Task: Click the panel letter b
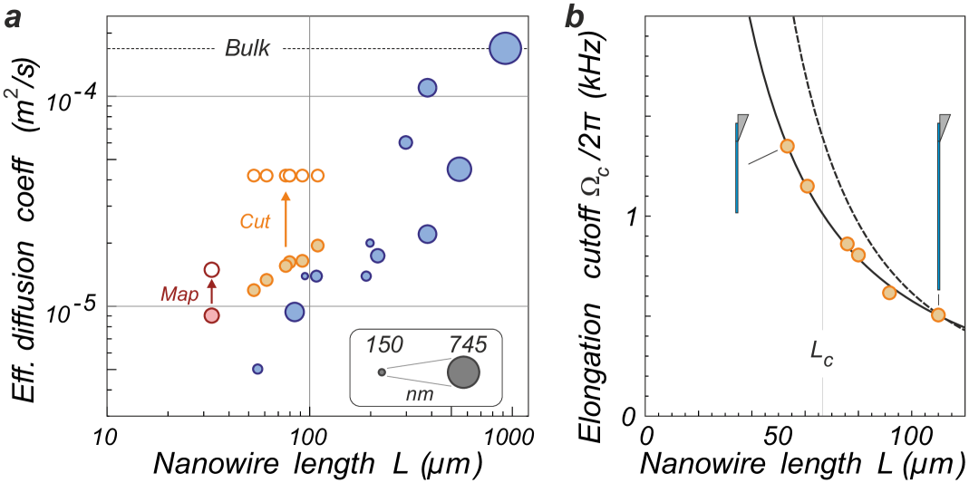[574, 16]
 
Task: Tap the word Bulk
[247, 49]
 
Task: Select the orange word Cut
[255, 221]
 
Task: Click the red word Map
[179, 294]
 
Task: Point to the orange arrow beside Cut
[286, 218]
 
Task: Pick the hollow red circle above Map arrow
[211, 269]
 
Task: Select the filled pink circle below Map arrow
[211, 315]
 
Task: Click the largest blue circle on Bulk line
[505, 49]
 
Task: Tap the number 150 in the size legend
[383, 345]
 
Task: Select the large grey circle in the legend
[463, 372]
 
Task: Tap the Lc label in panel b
[821, 353]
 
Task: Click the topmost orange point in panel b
[787, 146]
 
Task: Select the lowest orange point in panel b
[938, 315]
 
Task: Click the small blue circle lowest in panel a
[257, 369]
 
